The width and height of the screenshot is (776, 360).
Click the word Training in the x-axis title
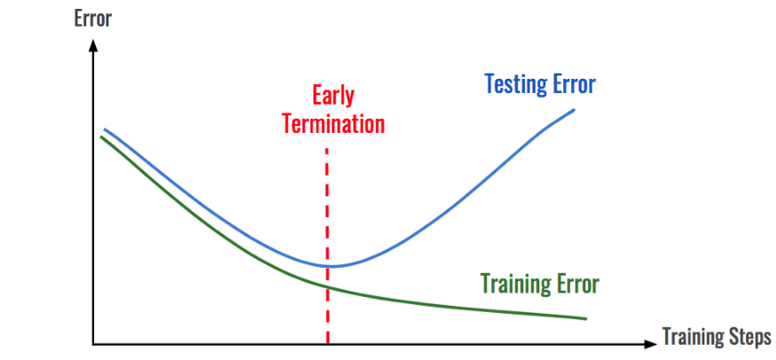[x=690, y=337]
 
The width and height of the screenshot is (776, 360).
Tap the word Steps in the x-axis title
[x=746, y=337]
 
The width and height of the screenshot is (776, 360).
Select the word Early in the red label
[x=333, y=94]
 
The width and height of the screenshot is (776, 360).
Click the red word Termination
[x=333, y=122]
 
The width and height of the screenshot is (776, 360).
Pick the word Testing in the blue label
[x=513, y=84]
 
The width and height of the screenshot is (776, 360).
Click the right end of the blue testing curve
[x=575, y=109]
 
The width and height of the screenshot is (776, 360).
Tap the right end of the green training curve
[x=586, y=317]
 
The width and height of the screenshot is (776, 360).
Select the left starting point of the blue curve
[x=105, y=129]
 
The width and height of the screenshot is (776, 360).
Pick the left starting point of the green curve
[x=100, y=137]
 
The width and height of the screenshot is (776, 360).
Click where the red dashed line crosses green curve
[x=328, y=286]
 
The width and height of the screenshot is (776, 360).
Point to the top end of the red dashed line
[x=328, y=149]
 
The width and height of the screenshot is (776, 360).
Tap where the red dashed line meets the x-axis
[x=328, y=342]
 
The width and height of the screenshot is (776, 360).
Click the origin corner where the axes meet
[x=92, y=342]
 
